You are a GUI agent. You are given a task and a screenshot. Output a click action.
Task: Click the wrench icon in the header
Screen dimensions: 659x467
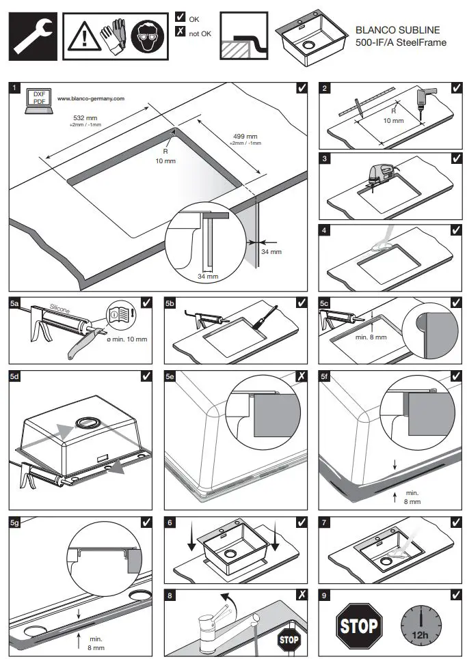(x=30, y=33)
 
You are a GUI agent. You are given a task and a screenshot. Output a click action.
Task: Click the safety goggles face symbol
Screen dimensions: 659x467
(x=146, y=33)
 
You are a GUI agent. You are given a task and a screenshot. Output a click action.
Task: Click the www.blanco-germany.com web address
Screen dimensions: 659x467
(x=91, y=98)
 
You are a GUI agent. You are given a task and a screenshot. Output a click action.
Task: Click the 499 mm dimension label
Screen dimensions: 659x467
(x=244, y=137)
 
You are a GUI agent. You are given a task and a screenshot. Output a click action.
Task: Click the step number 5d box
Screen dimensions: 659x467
(x=15, y=376)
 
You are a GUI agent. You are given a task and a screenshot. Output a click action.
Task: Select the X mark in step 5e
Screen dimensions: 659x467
(x=302, y=376)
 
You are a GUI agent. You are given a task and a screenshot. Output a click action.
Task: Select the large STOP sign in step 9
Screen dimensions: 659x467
(x=358, y=625)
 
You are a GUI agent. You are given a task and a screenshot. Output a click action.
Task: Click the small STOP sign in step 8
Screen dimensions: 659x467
(x=288, y=640)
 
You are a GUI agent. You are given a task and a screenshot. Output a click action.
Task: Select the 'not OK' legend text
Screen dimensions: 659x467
(x=201, y=31)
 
